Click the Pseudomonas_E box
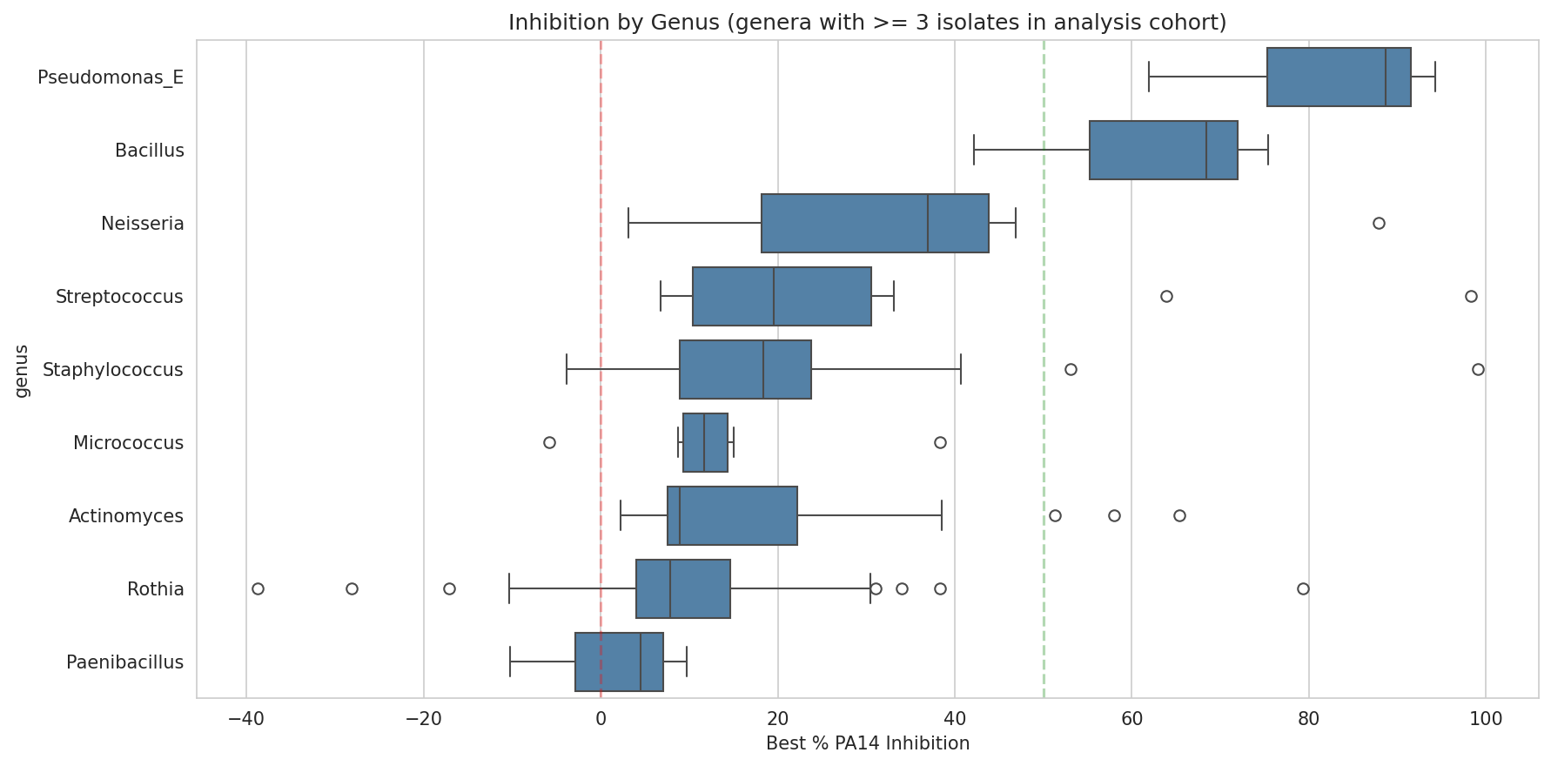[1338, 77]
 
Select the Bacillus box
[1163, 151]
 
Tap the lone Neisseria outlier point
[1379, 224]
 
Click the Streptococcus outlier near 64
[1166, 297]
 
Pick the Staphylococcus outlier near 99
[1478, 370]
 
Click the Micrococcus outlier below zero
[549, 443]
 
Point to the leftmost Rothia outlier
[258, 589]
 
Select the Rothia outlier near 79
[1303, 589]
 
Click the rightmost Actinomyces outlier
[1179, 516]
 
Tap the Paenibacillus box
[619, 662]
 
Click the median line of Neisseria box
[928, 224]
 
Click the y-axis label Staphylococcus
[113, 370]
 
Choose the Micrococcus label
[128, 443]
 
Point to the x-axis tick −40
[246, 720]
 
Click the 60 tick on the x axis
[1131, 720]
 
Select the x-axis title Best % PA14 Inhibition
[867, 743]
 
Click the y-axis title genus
[23, 370]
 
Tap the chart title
[867, 23]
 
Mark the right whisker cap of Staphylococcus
[961, 370]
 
